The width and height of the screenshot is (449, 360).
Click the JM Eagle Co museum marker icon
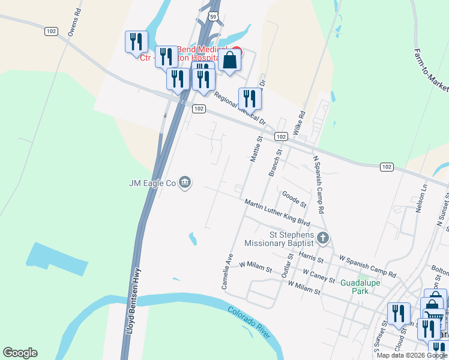(x=185, y=182)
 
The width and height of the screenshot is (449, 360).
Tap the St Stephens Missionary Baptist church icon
(x=323, y=239)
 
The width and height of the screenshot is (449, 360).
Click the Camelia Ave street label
(x=228, y=271)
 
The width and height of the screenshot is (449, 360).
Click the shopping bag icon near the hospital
(x=230, y=60)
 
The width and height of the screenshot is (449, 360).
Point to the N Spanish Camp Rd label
(x=318, y=185)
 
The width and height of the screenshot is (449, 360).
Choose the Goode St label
(x=294, y=198)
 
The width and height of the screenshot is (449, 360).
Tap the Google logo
(x=20, y=353)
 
